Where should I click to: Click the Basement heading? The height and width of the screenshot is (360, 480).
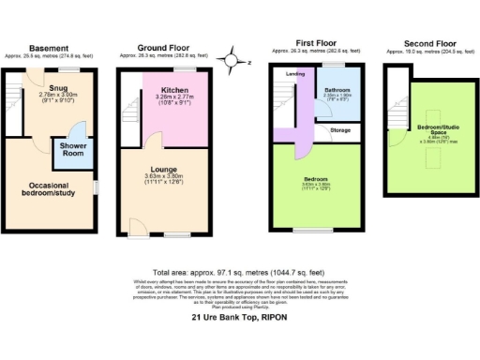pos(48,48)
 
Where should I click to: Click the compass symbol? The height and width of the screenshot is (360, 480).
pos(232,62)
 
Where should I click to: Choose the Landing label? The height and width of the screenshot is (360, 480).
pos(294,73)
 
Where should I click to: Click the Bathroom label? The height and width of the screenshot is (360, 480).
pos(337,88)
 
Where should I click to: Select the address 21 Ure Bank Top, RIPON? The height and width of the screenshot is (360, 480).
pos(238,319)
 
